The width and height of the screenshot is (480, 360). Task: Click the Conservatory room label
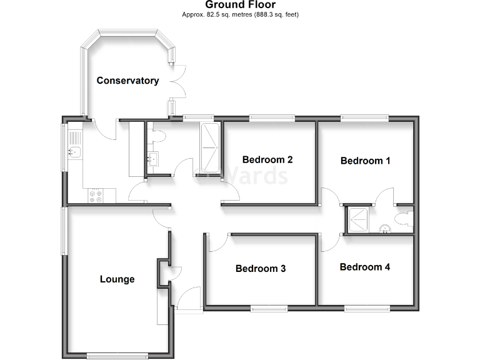point(127,81)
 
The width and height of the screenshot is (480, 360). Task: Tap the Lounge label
point(117,279)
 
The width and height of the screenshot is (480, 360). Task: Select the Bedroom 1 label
point(365,161)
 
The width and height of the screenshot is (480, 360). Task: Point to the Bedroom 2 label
point(267,159)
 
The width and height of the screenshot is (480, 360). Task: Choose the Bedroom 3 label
point(261,269)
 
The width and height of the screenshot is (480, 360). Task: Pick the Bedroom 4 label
point(364,267)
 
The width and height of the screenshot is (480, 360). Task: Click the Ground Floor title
point(240,4)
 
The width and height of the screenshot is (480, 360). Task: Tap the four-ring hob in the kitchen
point(97,196)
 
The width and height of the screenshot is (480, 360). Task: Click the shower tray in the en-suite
point(359,219)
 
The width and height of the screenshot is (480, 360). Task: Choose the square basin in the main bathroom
point(152,159)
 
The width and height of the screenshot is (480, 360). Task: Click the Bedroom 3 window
point(269,307)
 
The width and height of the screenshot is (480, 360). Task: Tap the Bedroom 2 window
point(271,117)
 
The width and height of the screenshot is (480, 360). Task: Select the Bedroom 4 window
point(366,307)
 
